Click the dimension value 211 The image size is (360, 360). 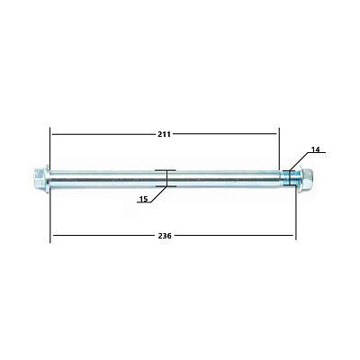(x=164, y=134)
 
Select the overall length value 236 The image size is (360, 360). (x=165, y=236)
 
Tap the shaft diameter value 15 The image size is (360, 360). (x=144, y=199)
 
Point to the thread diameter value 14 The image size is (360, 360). (x=316, y=149)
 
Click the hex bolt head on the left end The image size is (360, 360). (x=39, y=179)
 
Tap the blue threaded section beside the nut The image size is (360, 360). (x=290, y=177)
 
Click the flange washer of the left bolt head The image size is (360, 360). (x=47, y=179)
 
